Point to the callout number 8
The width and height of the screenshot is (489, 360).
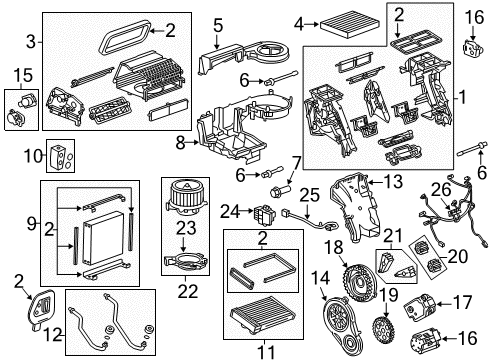click(x=181, y=143)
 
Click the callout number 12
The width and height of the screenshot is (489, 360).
click(x=57, y=330)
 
